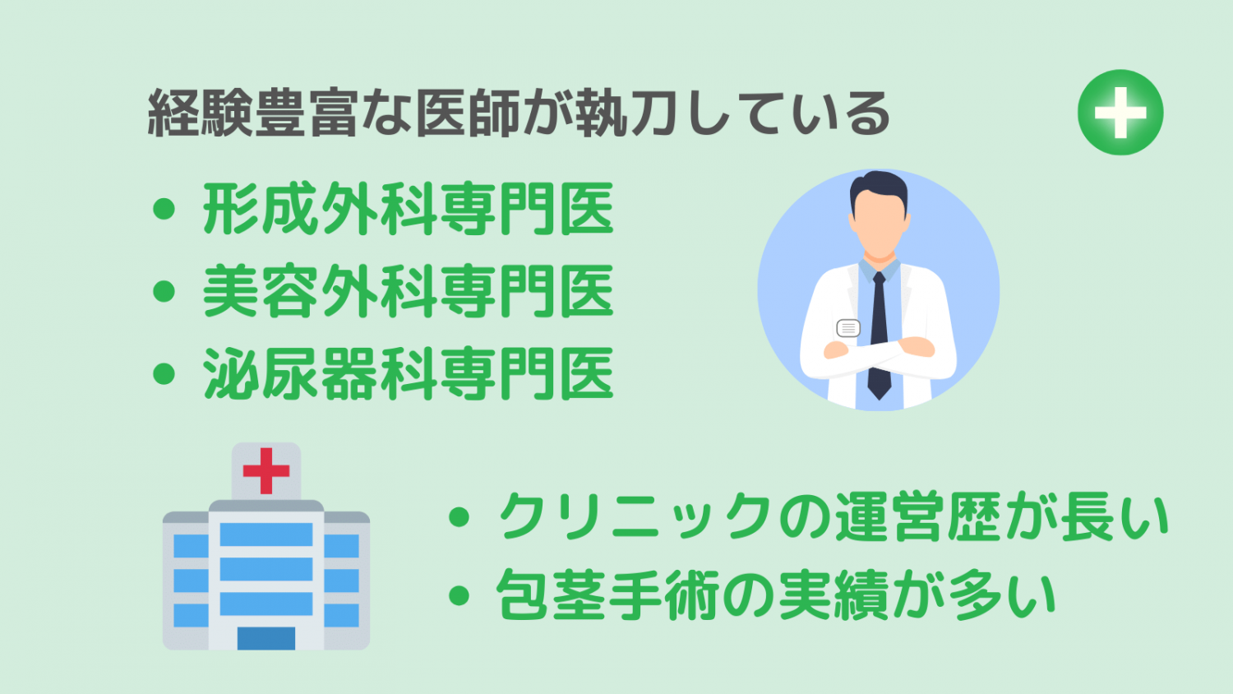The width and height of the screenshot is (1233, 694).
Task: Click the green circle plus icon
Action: click(x=1120, y=113)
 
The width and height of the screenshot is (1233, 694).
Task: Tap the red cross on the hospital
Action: click(x=266, y=470)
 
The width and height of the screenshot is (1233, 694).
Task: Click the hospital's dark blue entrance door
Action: click(x=266, y=638)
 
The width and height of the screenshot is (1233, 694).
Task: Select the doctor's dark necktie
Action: click(x=879, y=336)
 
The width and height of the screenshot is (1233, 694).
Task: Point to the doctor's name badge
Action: click(x=848, y=328)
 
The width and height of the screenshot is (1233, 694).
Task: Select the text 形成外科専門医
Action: click(x=408, y=209)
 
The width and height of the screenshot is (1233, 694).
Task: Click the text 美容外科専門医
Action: click(x=408, y=291)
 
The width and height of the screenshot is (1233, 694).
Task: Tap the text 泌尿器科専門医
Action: click(x=408, y=373)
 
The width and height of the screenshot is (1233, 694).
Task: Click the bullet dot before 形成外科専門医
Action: click(x=164, y=210)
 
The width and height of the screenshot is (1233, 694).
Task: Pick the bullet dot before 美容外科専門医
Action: click(x=164, y=291)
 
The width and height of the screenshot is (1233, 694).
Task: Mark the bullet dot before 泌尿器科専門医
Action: click(x=164, y=374)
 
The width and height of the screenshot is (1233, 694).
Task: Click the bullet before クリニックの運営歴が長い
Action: click(x=459, y=517)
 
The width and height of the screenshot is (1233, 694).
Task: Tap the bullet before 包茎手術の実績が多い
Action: click(x=459, y=595)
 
